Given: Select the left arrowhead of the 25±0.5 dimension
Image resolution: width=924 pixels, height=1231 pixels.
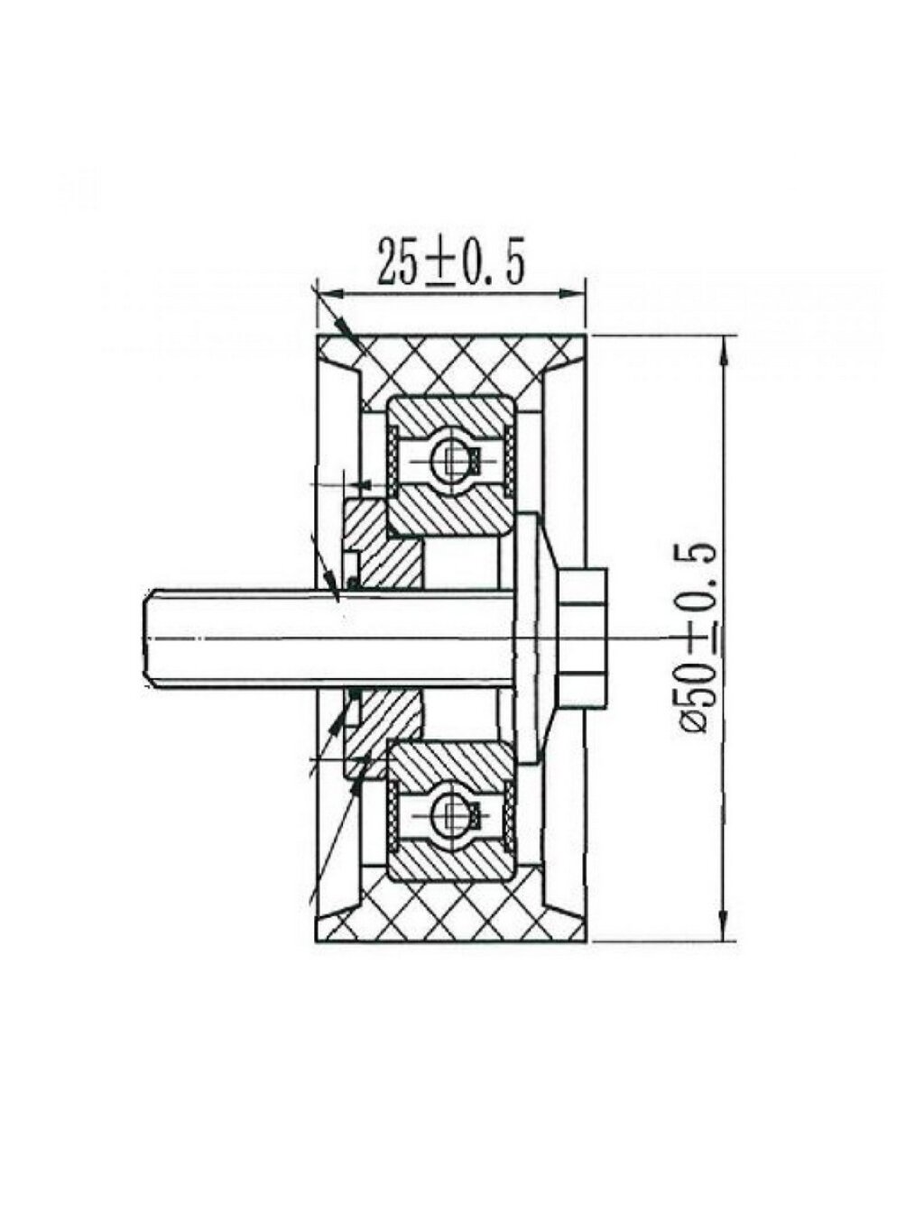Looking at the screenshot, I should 327,294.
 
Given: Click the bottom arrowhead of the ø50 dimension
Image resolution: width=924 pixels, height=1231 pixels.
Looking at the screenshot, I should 723,929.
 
